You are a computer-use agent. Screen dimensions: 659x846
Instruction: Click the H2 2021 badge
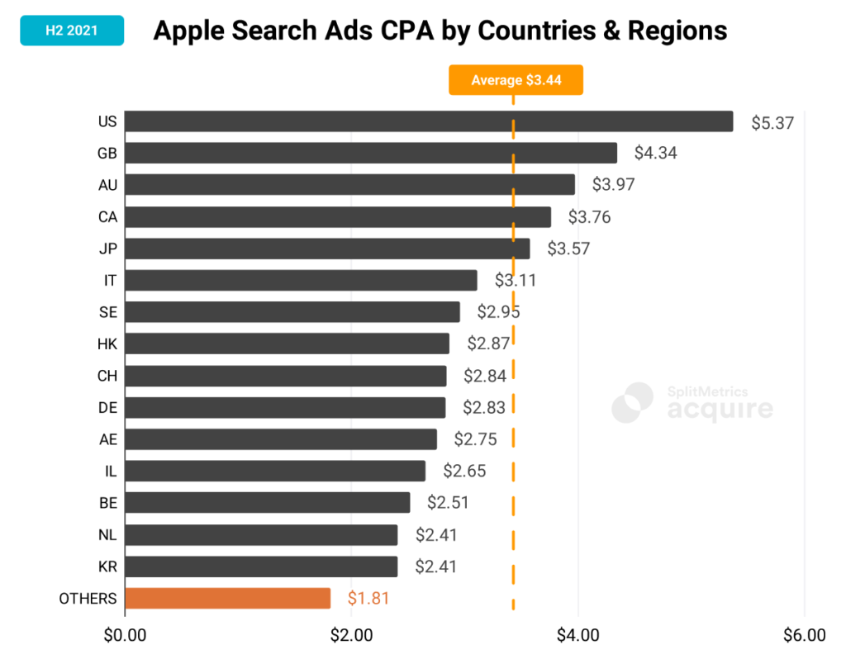pos(72,31)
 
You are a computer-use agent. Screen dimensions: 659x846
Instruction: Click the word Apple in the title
pos(187,31)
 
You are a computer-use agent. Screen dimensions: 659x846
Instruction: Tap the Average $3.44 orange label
pos(516,80)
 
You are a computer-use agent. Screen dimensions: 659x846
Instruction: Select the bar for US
pos(428,121)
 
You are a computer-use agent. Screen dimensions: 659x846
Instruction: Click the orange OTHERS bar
pos(227,598)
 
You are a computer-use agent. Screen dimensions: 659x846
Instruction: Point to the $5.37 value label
pos(772,123)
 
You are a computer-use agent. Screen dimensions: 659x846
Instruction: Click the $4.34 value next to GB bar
pos(655,153)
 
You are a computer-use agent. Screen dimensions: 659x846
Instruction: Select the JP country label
pos(107,249)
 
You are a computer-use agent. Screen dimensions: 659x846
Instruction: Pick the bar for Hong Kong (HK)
pos(287,344)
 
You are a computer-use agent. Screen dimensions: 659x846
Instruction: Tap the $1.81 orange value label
pos(368,599)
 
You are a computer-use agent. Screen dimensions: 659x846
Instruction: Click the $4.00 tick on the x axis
pos(577,636)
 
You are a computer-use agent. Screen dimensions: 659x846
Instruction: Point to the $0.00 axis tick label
pos(125,636)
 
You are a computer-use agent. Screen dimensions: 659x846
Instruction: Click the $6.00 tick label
pos(804,636)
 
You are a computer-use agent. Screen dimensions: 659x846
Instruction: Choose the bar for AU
pos(349,184)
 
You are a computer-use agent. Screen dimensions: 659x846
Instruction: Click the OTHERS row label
pos(88,599)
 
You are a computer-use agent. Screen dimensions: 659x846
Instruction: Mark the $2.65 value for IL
pos(464,472)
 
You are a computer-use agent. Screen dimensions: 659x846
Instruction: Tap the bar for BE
pos(267,502)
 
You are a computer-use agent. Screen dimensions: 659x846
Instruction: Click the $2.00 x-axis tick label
pos(351,636)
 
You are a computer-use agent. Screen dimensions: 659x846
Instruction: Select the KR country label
pos(107,567)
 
